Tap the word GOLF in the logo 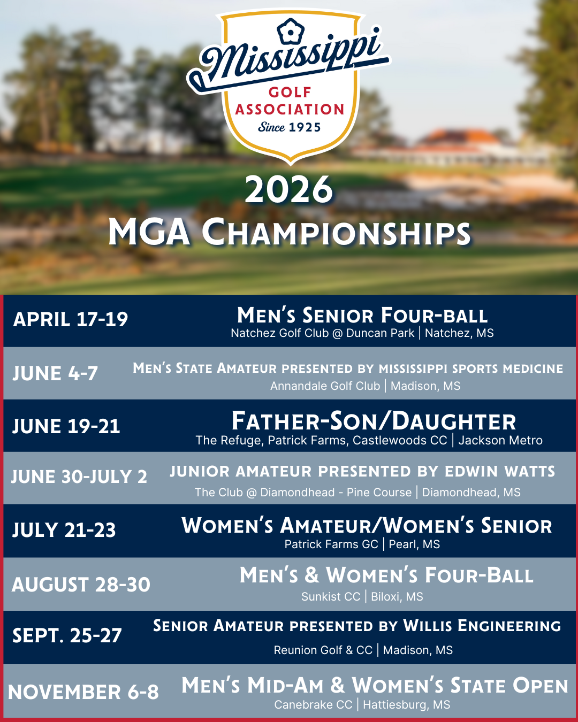[290, 93]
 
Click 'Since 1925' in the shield [290, 127]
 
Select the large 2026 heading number [289, 190]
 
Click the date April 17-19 [71, 319]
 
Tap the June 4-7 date [55, 373]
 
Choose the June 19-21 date [66, 426]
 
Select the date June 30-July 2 [79, 477]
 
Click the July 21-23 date [64, 530]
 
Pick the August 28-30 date [81, 585]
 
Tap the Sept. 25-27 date [67, 635]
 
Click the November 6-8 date [83, 692]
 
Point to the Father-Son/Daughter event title [374, 421]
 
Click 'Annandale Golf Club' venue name [325, 386]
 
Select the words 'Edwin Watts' [500, 472]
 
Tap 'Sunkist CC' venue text [331, 597]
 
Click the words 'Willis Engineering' [482, 626]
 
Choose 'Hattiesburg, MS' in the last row [407, 705]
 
